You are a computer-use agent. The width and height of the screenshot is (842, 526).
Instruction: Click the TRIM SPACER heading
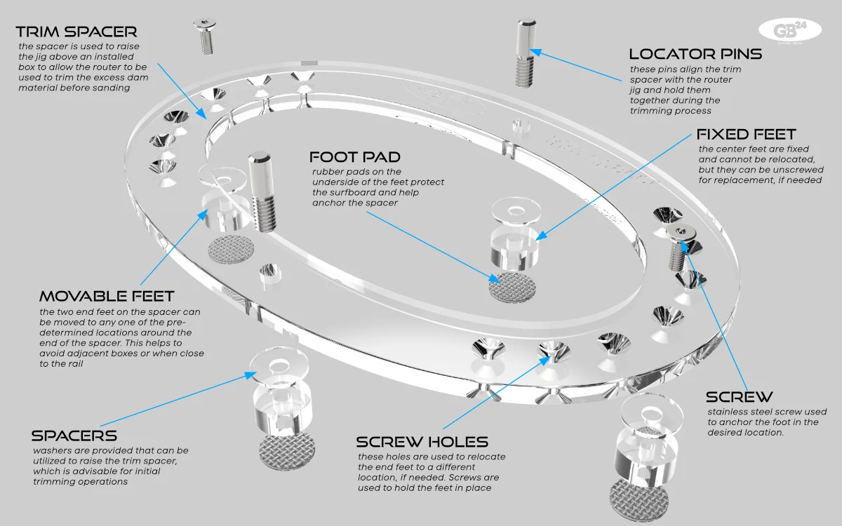tap(76, 32)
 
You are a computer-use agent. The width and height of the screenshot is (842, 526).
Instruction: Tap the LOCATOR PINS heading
tap(695, 54)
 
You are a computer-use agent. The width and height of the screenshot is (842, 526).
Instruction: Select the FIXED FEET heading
tap(746, 134)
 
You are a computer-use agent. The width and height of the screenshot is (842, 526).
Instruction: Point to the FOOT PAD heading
tap(355, 157)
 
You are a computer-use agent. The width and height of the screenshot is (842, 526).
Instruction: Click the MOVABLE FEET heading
tap(107, 296)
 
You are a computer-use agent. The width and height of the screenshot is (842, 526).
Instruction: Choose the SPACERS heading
tap(74, 436)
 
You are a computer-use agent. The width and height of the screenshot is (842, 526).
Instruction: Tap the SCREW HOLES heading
tap(422, 441)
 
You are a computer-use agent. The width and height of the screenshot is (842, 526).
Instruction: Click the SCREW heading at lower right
tap(739, 397)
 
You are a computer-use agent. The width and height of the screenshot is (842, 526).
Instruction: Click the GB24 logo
tap(789, 30)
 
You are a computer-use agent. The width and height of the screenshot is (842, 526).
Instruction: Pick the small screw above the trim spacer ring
tap(202, 37)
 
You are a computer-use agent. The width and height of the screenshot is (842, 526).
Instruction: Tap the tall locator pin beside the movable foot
tap(261, 191)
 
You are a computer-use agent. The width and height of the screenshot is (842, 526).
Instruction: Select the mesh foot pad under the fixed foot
tap(512, 288)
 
